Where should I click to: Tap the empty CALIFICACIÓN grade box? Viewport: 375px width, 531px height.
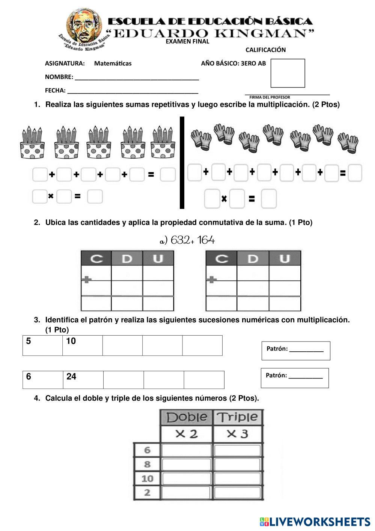point(288,73)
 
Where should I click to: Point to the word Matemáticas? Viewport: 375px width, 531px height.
point(113,64)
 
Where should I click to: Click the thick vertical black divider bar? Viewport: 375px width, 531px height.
point(182,162)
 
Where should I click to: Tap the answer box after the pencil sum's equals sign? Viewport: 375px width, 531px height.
point(167,175)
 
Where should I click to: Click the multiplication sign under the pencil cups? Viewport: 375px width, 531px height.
point(51,196)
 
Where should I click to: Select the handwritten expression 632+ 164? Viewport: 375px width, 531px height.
point(188,240)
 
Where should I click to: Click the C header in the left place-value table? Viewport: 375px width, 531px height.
point(96,259)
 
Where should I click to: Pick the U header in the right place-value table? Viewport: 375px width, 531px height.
point(285,259)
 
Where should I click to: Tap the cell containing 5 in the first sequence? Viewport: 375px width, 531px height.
point(42,345)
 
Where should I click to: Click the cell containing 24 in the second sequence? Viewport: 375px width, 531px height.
point(83,380)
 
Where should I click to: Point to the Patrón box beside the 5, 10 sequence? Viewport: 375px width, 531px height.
point(296,350)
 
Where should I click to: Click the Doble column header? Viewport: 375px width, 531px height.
point(187,417)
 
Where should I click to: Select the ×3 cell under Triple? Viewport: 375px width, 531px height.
point(237,434)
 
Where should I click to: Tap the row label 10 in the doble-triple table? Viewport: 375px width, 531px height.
point(147,478)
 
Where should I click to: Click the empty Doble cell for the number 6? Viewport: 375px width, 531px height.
point(187,450)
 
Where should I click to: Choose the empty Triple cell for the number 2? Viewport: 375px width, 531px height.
point(237,492)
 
